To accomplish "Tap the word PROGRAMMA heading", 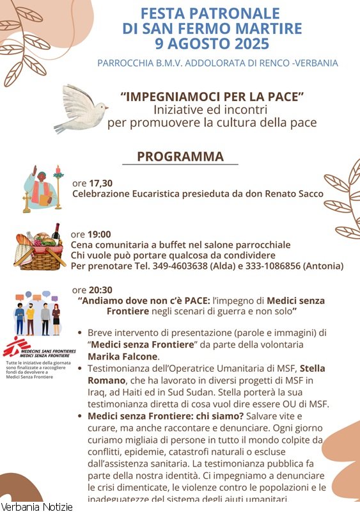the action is tap(180, 157).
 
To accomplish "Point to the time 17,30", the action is tap(100, 182).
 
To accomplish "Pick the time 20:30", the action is tap(100, 289).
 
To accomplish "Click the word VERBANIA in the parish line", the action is tap(315, 63).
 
